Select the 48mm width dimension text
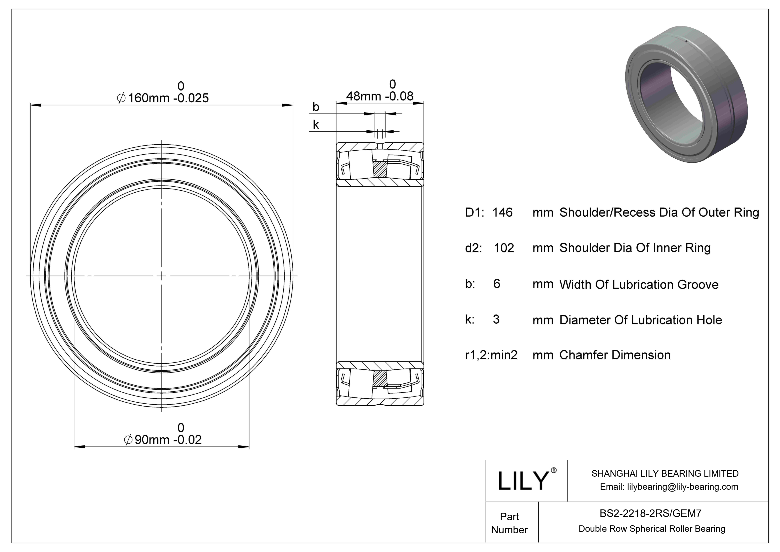pos(380,96)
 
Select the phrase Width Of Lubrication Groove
pos(639,284)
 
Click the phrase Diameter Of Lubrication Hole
pos(640,320)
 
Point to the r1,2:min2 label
pos(491,355)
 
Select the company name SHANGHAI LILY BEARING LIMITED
pos(665,473)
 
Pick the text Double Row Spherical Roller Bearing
pos(652,529)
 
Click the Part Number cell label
pos(509,523)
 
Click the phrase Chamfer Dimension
pos(615,355)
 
